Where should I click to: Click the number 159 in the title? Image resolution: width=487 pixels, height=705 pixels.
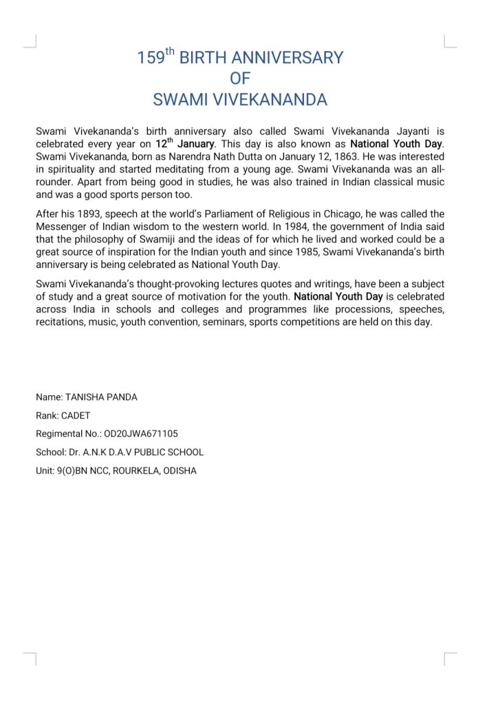(151, 58)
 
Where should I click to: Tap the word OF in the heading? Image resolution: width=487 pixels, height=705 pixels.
(240, 78)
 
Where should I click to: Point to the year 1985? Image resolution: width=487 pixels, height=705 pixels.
(305, 253)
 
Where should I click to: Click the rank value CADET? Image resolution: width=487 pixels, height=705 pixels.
(75, 416)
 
